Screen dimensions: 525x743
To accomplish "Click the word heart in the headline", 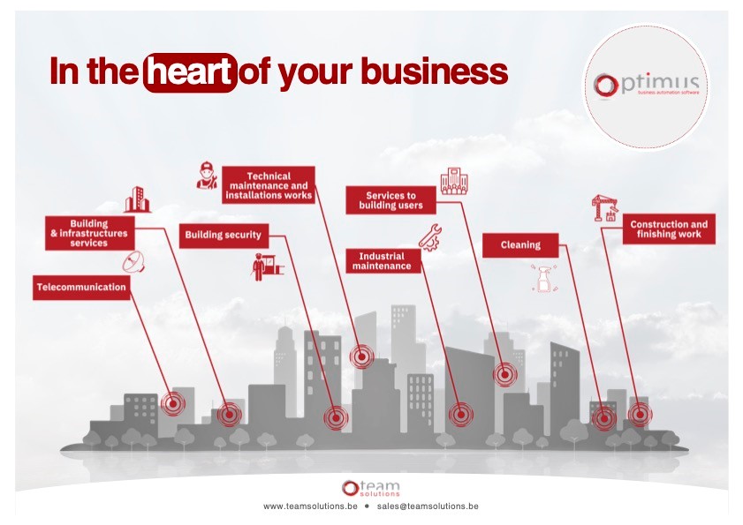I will click(x=190, y=71).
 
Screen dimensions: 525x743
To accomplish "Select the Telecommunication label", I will click(x=81, y=288).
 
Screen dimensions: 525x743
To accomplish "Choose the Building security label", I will click(x=223, y=236).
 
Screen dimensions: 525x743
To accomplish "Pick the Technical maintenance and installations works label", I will click(x=269, y=186).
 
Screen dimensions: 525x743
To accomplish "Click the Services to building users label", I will click(x=390, y=200).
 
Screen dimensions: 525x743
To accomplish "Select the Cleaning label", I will click(x=520, y=245).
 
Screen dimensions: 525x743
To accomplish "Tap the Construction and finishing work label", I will click(x=669, y=229).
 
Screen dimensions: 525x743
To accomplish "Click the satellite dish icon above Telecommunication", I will click(x=133, y=261).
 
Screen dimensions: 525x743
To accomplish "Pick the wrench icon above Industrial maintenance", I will click(x=430, y=236).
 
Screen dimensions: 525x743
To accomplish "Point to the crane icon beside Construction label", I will click(x=603, y=208).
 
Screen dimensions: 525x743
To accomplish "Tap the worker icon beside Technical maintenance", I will click(x=206, y=175).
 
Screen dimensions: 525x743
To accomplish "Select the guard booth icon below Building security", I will click(x=262, y=266).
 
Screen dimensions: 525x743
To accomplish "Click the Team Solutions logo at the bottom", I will click(x=371, y=488).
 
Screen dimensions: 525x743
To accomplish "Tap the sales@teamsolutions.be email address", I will click(x=428, y=507).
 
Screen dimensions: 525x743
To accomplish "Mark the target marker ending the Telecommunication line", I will click(x=173, y=404).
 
